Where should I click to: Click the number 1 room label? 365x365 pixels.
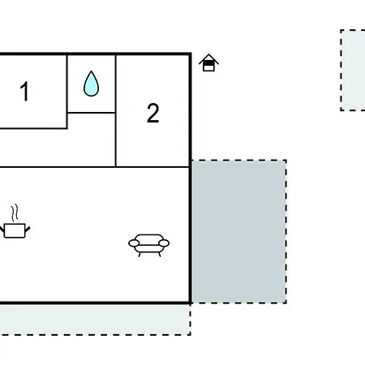pyautogui.click(x=24, y=91)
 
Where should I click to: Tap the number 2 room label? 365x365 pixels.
pyautogui.click(x=152, y=113)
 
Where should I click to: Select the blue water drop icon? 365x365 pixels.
pyautogui.click(x=91, y=84)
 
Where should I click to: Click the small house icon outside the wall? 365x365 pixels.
pyautogui.click(x=208, y=62)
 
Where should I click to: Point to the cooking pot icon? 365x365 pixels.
pyautogui.click(x=15, y=230)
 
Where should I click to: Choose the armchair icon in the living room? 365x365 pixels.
pyautogui.click(x=148, y=245)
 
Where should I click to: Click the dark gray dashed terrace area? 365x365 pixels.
pyautogui.click(x=239, y=232)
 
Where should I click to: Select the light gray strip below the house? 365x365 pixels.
pyautogui.click(x=95, y=320)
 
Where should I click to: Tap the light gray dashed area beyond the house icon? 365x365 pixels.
pyautogui.click(x=353, y=70)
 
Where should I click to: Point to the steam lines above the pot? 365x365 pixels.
pyautogui.click(x=15, y=213)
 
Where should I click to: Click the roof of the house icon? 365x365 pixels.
pyautogui.click(x=208, y=58)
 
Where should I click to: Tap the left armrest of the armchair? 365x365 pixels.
pyautogui.click(x=134, y=243)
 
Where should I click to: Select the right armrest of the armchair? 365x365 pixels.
pyautogui.click(x=164, y=243)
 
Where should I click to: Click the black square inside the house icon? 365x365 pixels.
pyautogui.click(x=208, y=63)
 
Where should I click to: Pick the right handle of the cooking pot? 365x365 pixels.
pyautogui.click(x=28, y=230)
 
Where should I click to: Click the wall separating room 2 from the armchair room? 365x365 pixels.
pyautogui.click(x=152, y=167)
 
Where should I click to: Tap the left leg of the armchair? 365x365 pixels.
pyautogui.click(x=140, y=255)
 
